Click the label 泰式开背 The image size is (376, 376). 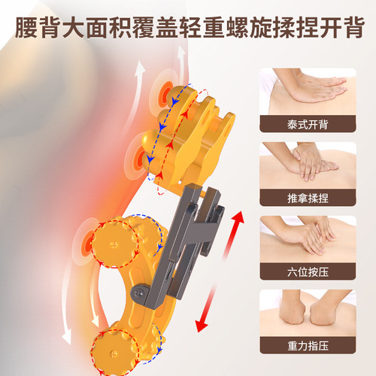(x=308, y=125)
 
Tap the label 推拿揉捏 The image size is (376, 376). (x=308, y=199)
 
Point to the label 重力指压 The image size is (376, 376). (x=308, y=346)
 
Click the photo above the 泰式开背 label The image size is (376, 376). (x=308, y=92)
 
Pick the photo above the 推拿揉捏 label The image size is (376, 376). (x=308, y=164)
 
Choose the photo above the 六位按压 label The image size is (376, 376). (x=308, y=238)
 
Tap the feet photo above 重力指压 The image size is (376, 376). (x=308, y=312)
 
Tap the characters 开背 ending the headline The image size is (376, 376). (x=337, y=29)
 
